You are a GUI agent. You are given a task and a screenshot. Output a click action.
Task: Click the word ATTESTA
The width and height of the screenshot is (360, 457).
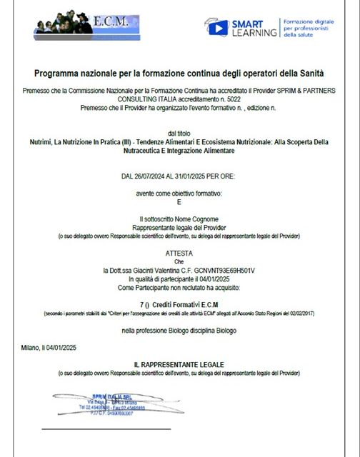(x=179, y=253)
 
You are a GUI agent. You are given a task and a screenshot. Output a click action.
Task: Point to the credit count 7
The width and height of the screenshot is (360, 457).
(x=142, y=304)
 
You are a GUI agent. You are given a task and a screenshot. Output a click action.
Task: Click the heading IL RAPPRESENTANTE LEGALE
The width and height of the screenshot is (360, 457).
(x=179, y=365)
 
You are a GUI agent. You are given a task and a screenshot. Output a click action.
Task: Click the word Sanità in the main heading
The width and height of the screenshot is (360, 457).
(x=310, y=74)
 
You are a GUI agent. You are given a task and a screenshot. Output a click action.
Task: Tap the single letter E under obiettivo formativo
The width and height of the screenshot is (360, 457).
(x=179, y=202)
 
